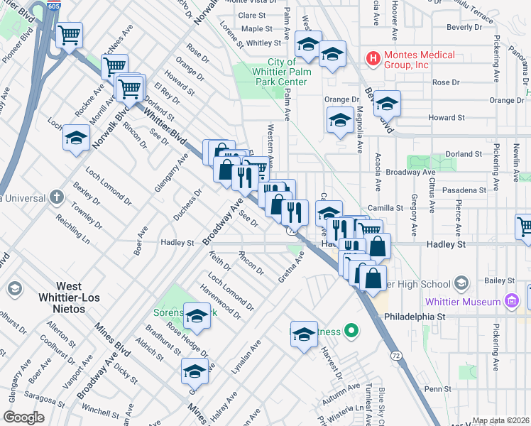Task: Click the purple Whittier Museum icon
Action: click(510, 302)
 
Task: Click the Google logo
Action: click(23, 417)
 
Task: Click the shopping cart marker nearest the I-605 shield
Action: click(69, 34)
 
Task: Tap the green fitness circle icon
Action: click(350, 331)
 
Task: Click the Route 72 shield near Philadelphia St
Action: click(392, 351)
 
